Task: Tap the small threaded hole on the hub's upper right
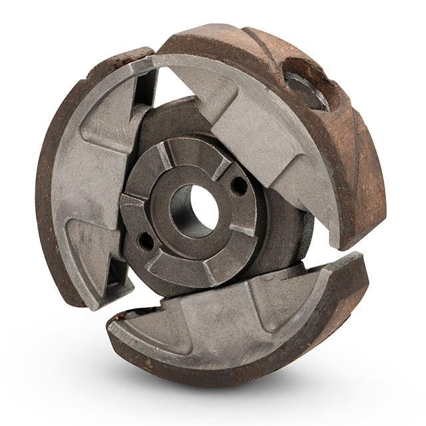pos(234,186)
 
